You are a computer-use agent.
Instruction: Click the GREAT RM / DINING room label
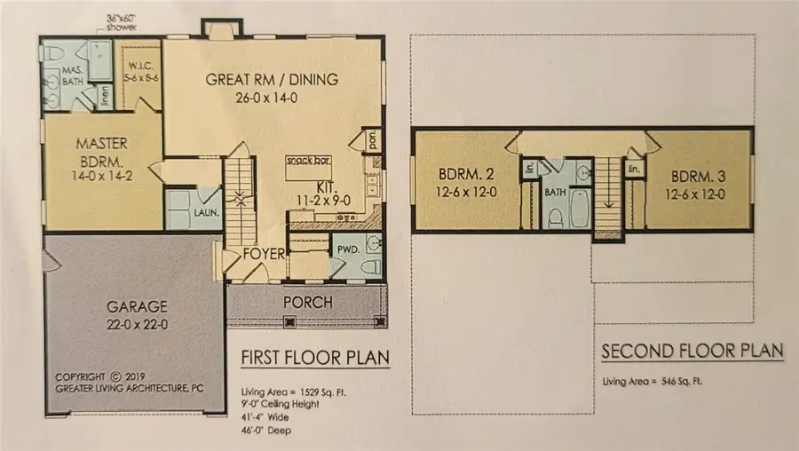coord(272,80)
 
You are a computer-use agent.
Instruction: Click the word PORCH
coord(307,303)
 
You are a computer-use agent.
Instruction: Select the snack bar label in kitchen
coord(310,162)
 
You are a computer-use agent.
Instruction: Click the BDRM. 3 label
coord(697,176)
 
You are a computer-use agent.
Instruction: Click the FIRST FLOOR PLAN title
coord(315,358)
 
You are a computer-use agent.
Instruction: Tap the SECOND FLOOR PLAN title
coord(692,352)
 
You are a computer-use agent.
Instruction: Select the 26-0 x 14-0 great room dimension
coord(272,98)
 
